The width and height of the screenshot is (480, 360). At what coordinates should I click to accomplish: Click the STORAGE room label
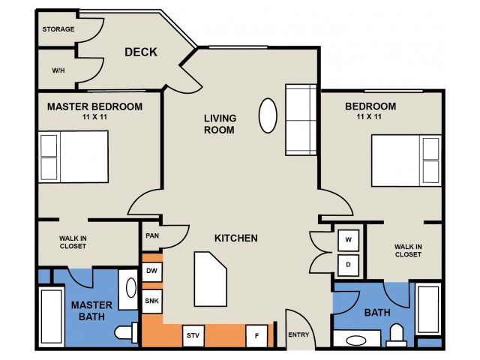pos(58,29)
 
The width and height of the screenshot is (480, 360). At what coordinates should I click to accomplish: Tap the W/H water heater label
pos(58,70)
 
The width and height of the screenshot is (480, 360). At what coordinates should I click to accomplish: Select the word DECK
pos(141,52)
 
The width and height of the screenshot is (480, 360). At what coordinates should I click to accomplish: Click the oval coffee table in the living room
pos(268,115)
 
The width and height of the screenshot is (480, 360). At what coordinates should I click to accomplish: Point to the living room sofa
pos(301,120)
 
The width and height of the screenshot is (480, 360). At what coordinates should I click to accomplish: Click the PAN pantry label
pos(152,235)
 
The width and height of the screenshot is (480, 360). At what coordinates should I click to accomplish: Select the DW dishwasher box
pos(151,271)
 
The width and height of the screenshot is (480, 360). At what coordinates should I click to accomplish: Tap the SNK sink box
pos(151,301)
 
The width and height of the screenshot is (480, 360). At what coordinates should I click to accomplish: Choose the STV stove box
pos(193,336)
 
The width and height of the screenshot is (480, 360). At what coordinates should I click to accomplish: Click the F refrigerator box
pos(256,336)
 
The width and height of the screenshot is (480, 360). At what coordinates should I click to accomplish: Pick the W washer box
pos(348,240)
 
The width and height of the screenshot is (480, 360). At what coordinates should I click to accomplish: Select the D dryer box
pos(348,265)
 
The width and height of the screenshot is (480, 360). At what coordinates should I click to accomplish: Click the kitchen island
pos(210,279)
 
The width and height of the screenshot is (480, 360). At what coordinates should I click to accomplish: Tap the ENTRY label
pos(298,335)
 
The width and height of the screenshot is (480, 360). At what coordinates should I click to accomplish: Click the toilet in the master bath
pos(126,332)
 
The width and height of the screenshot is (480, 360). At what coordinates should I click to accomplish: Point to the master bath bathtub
pos(52,316)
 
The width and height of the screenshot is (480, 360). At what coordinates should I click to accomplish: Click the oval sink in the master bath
pos(131,288)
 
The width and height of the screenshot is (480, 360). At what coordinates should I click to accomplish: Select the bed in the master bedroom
pos(73,157)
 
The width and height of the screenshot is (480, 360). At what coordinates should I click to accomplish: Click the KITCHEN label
pos(236,238)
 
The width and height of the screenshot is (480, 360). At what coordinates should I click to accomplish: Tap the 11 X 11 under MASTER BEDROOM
pos(94,117)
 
